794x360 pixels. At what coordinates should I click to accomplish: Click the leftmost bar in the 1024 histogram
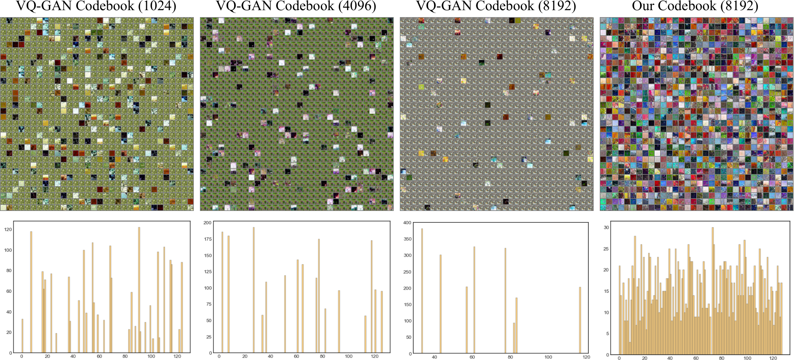[x=22, y=336]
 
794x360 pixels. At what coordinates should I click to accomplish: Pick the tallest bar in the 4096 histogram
[x=254, y=290]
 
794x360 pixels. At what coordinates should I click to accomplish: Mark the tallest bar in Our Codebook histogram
[x=713, y=291]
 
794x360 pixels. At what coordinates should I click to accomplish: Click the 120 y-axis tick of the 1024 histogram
[x=8, y=229]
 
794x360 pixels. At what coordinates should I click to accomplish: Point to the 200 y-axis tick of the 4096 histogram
[x=208, y=223]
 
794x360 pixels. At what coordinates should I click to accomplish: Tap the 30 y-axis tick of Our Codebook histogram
[x=606, y=227]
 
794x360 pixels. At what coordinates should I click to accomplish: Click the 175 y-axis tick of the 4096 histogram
[x=208, y=239]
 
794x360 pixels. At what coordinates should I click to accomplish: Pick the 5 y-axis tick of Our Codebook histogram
[x=608, y=333]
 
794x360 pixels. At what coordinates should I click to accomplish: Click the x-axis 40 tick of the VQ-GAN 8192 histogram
[x=434, y=357]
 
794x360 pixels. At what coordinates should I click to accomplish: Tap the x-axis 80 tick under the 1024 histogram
[x=125, y=356]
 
